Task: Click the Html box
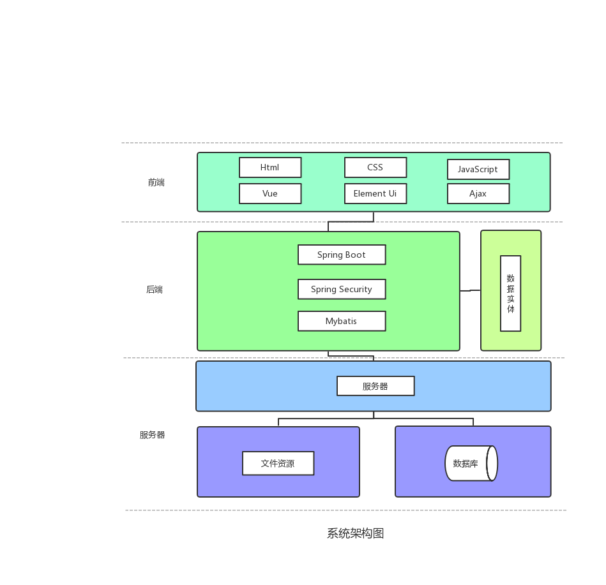(x=270, y=168)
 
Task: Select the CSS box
(x=375, y=168)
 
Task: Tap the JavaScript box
(x=478, y=170)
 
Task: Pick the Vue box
(x=270, y=194)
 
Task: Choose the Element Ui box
(x=375, y=194)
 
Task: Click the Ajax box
(x=478, y=194)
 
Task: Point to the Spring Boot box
(x=342, y=255)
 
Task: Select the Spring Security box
(x=342, y=290)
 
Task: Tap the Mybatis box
(x=342, y=322)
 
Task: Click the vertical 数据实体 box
(x=511, y=293)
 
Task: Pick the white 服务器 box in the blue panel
(x=375, y=387)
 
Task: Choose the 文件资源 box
(x=278, y=464)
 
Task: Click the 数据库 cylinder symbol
(x=471, y=464)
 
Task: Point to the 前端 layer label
(x=156, y=182)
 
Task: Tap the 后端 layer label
(x=155, y=290)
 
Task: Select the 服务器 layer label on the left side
(x=153, y=435)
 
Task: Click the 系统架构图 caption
(x=356, y=534)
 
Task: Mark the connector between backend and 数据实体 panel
(x=470, y=291)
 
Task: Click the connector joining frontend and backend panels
(x=351, y=222)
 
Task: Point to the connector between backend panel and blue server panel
(x=351, y=356)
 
